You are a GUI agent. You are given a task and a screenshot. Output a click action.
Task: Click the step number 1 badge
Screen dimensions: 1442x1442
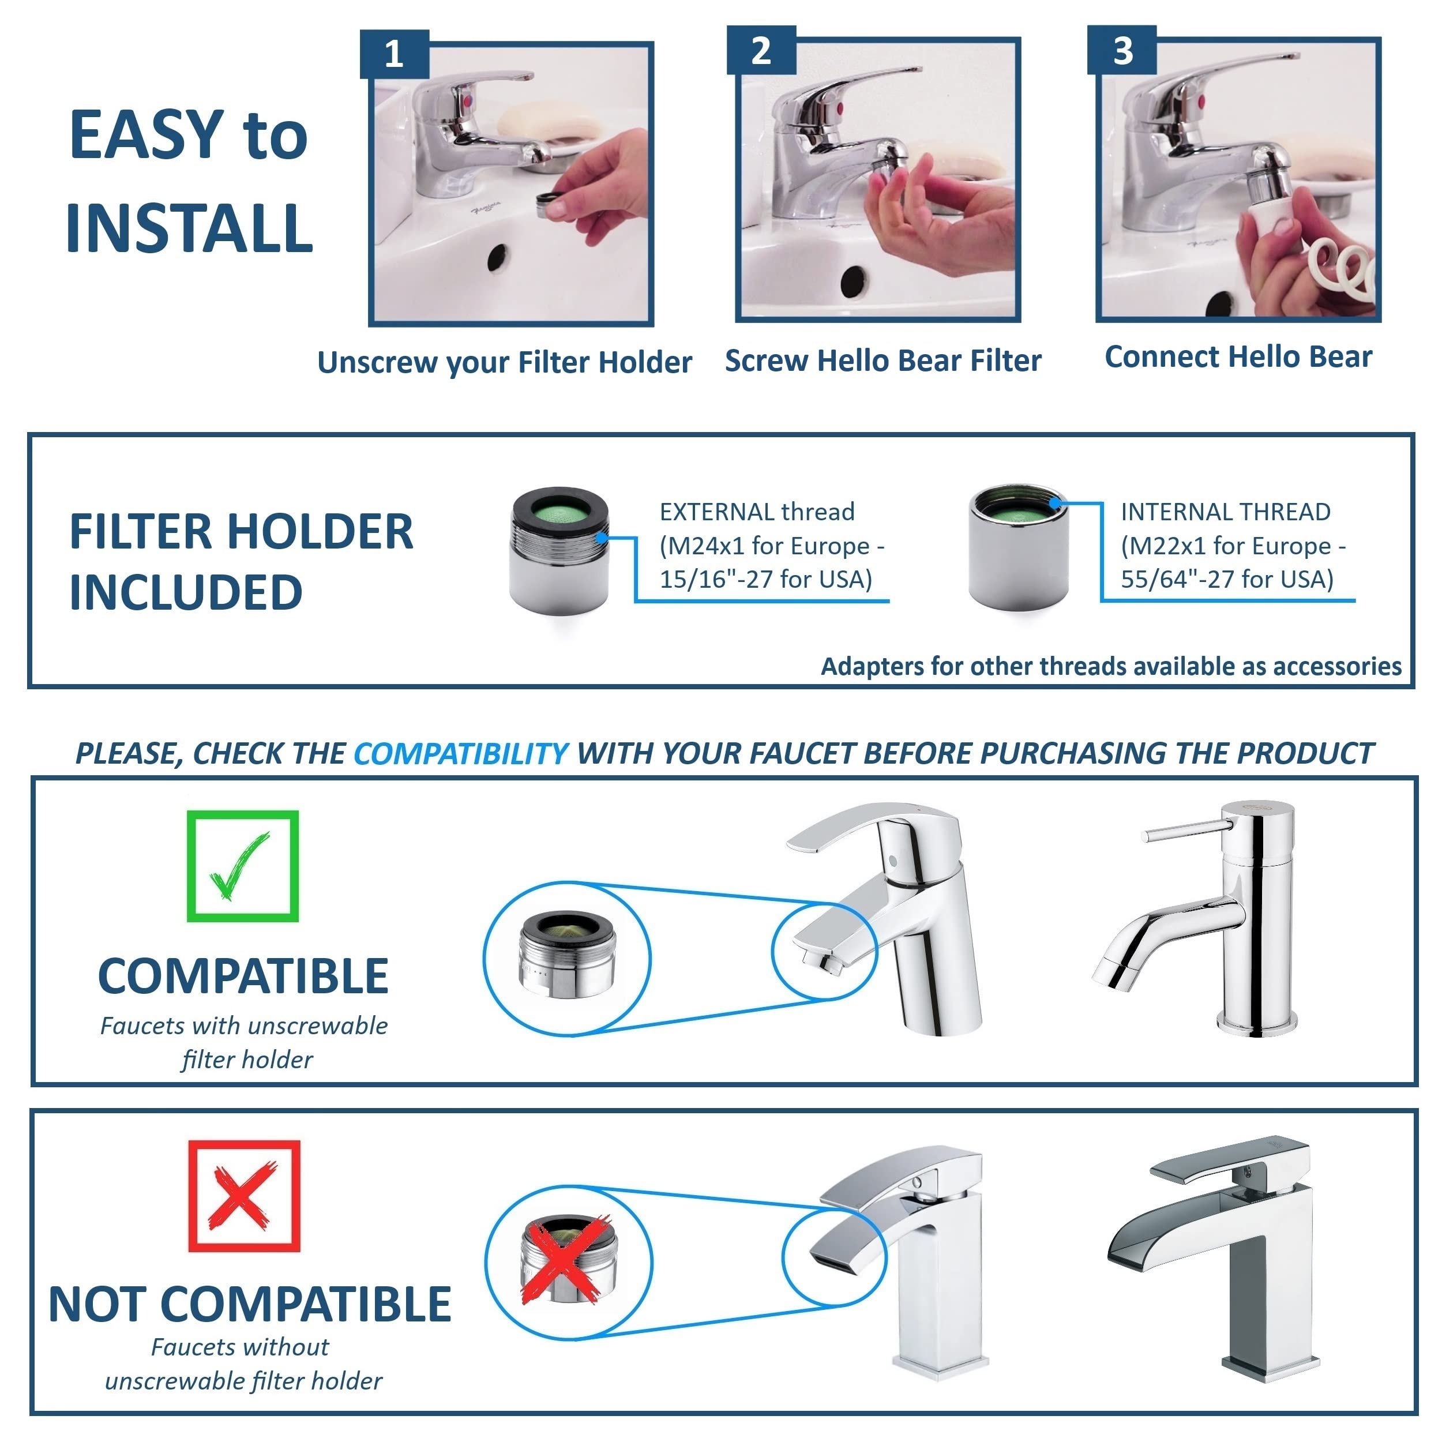point(394,54)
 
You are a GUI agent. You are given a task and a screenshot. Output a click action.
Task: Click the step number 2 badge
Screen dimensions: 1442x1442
point(761,51)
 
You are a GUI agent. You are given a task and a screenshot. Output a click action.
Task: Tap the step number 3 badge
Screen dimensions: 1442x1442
point(1122,51)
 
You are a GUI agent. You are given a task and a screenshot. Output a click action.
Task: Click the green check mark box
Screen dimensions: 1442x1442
point(243,866)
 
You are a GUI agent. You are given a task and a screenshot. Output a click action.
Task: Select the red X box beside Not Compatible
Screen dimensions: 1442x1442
point(244,1196)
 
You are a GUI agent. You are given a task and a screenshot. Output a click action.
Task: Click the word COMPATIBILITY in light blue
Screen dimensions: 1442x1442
point(460,754)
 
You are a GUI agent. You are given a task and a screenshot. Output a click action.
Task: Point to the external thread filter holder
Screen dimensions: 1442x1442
point(559,551)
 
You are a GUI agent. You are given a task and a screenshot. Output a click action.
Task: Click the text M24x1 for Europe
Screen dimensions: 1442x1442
point(771,546)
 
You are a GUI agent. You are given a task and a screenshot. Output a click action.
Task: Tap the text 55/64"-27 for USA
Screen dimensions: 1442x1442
point(1226,579)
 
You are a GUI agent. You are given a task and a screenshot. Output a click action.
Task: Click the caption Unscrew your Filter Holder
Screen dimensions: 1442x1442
point(505,363)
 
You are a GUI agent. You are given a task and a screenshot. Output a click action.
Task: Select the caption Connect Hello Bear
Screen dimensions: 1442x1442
point(1237,357)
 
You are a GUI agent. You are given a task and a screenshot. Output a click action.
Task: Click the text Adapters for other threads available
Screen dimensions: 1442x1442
point(1110,666)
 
